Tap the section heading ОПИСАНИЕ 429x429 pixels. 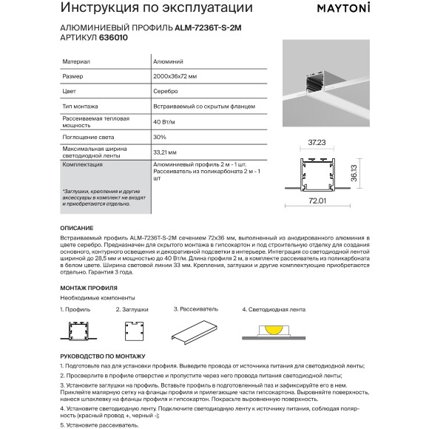coord(76,229)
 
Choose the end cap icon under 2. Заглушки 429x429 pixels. coord(134,330)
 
